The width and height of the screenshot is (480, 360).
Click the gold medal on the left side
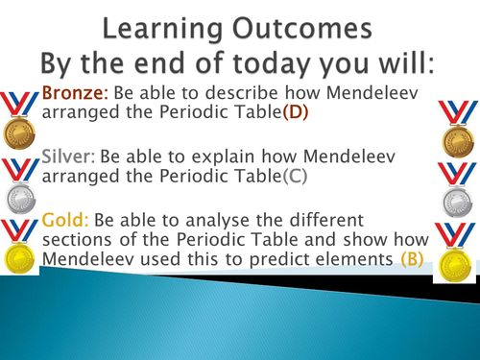17,245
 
